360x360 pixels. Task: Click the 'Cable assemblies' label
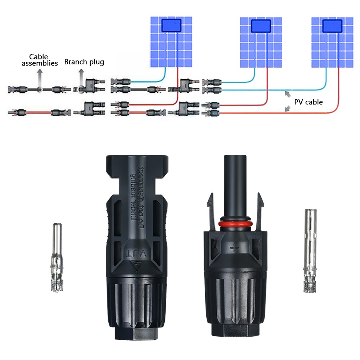[40, 60]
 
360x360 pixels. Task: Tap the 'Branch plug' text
[84, 62]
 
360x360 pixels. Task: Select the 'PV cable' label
[309, 102]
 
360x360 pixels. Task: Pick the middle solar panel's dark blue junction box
[261, 26]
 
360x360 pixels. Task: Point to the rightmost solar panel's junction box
[332, 26]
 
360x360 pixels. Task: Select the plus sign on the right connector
[235, 248]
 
